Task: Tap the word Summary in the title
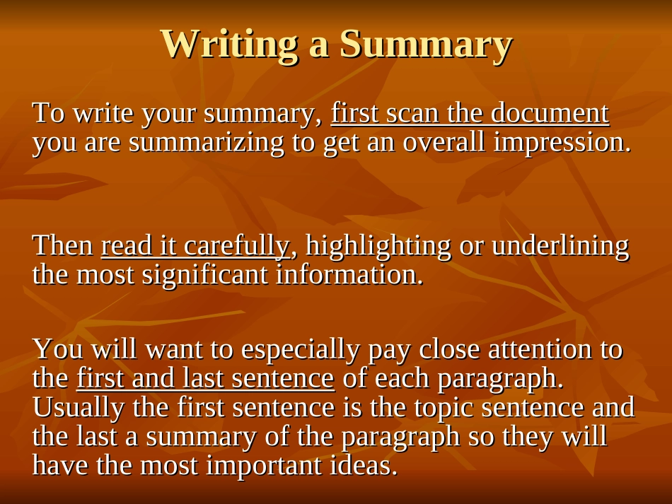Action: click(426, 44)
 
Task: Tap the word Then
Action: click(63, 245)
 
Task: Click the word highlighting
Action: click(378, 245)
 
